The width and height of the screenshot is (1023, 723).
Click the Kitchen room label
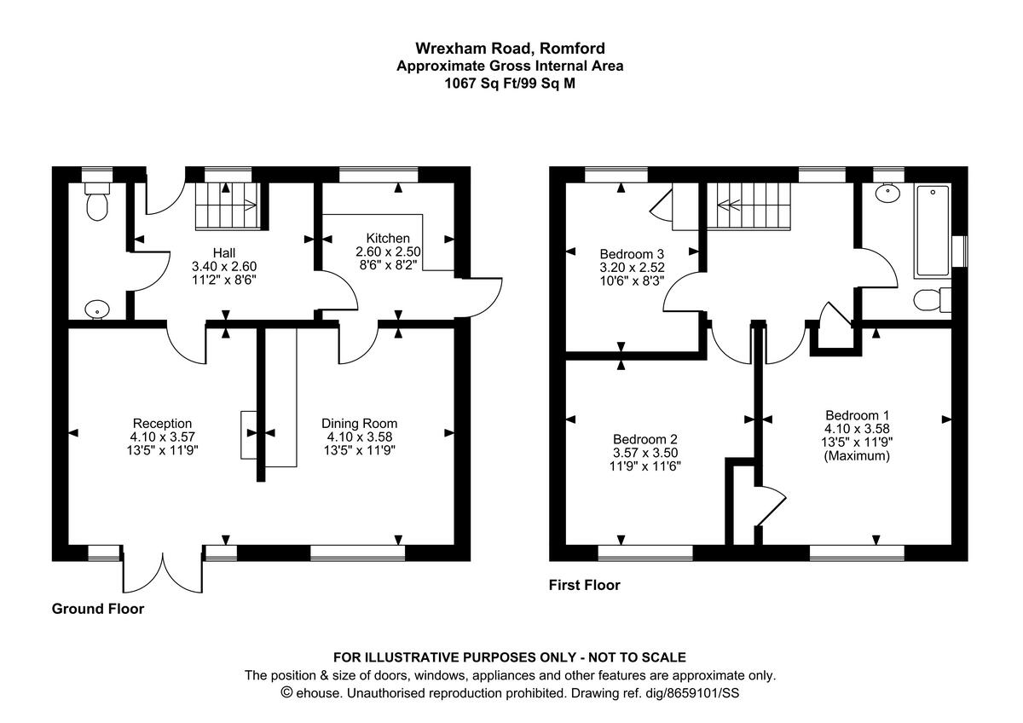pyautogui.click(x=388, y=238)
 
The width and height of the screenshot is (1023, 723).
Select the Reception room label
pyautogui.click(x=162, y=423)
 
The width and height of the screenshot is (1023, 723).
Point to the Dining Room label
pyautogui.click(x=359, y=423)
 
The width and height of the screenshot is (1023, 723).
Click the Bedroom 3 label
pyautogui.click(x=632, y=253)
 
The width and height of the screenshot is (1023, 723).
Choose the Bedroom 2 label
pyautogui.click(x=645, y=438)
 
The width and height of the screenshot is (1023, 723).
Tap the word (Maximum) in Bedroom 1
pyautogui.click(x=857, y=456)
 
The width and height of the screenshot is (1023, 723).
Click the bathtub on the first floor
pyautogui.click(x=933, y=231)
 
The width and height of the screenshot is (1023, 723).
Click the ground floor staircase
pyautogui.click(x=226, y=206)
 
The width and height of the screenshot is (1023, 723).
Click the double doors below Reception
pyautogui.click(x=162, y=571)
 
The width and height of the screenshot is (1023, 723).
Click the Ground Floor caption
pyautogui.click(x=98, y=609)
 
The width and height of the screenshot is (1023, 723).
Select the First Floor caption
pyautogui.click(x=585, y=586)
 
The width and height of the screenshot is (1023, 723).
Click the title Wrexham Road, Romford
pyautogui.click(x=510, y=48)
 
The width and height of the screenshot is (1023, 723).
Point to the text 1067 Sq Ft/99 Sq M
pyautogui.click(x=510, y=84)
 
